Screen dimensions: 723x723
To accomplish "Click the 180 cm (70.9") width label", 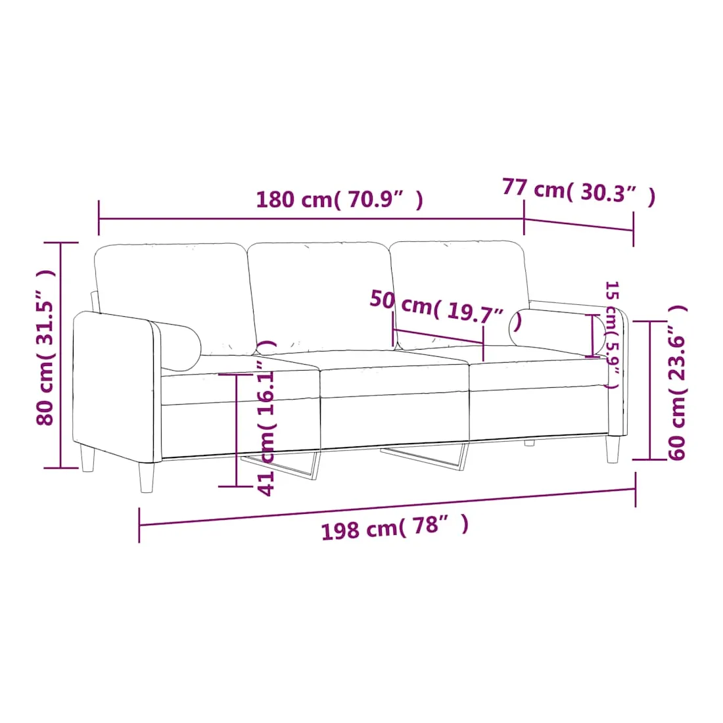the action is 339,199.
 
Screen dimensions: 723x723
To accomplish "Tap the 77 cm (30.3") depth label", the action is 578,191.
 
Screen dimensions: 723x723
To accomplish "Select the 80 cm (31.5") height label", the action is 46,347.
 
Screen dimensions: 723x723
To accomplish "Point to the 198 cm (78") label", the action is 395,526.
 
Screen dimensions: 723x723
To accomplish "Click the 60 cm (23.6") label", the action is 677,383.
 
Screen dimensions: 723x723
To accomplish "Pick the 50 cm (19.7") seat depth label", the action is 446,307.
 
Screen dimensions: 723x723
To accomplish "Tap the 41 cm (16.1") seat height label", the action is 266,418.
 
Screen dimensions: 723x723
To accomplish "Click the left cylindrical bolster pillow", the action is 177,345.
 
